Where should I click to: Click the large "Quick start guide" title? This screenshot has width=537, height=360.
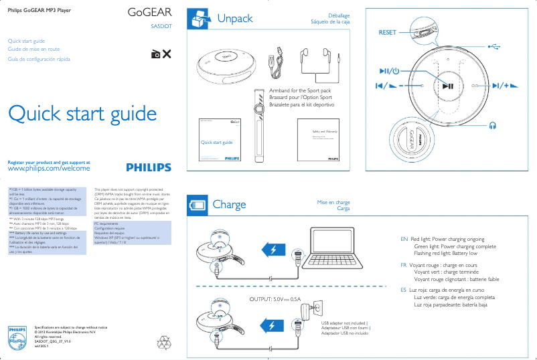tap(82, 113)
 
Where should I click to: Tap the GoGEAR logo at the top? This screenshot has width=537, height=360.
tap(149, 13)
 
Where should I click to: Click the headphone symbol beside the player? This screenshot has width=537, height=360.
tap(493, 124)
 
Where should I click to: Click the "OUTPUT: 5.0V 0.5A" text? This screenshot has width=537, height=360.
tap(275, 299)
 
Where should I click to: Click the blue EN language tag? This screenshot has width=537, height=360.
tap(404, 239)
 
